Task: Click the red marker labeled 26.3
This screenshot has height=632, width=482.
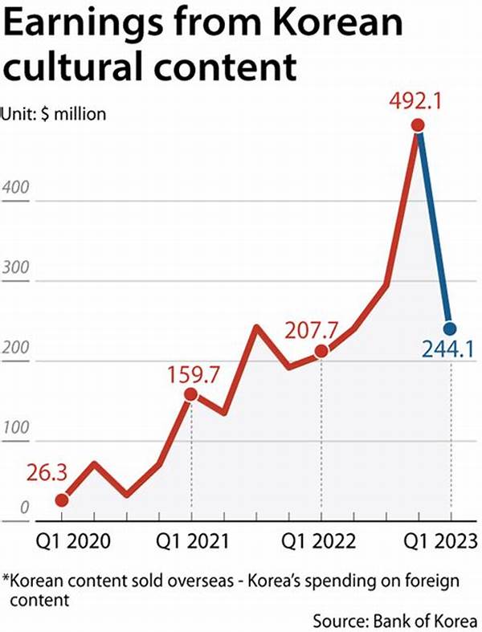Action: (62, 500)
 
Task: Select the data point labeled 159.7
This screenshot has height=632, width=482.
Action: (191, 393)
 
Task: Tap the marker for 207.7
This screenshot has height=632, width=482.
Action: (321, 350)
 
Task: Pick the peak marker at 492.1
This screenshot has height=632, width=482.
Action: (417, 125)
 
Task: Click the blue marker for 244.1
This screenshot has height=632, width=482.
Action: (450, 328)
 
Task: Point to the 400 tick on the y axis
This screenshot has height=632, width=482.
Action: (18, 190)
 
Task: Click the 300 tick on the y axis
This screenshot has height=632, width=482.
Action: (18, 269)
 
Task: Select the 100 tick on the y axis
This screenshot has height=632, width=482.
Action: (18, 429)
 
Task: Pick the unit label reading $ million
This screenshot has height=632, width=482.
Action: (73, 114)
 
